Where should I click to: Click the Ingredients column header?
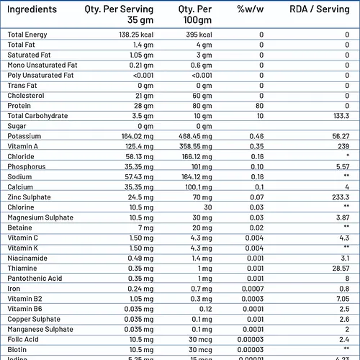click(32, 10)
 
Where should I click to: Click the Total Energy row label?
click(27, 35)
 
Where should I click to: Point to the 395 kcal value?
click(197, 35)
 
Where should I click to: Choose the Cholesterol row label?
click(26, 95)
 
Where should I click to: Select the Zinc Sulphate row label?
click(30, 197)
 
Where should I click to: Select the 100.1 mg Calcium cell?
click(197, 186)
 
